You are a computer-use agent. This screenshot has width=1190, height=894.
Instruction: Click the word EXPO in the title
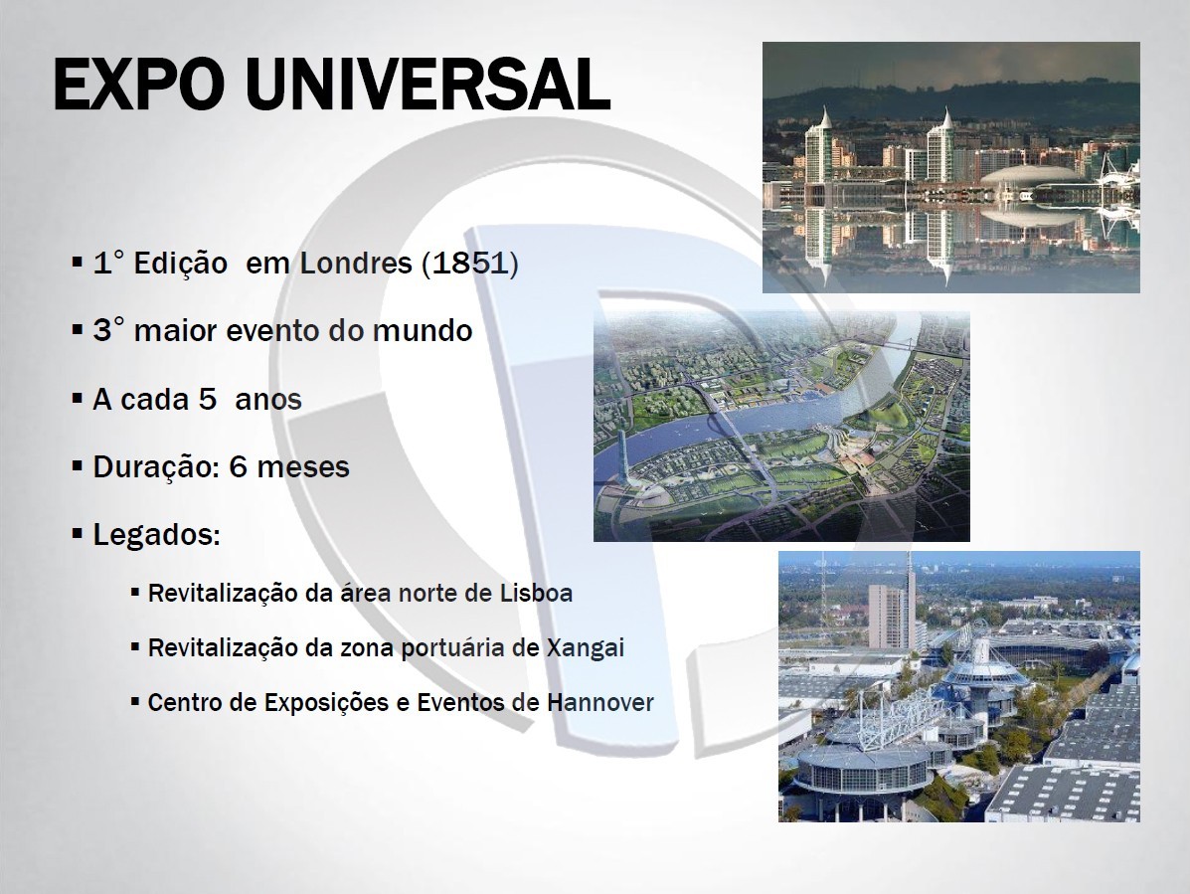pos(139,85)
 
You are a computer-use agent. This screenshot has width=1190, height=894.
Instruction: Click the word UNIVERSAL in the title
pos(428,85)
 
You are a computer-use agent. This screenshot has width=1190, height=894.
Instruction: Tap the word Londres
pos(356,264)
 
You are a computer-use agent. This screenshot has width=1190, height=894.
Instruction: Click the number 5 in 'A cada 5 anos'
pos(207,399)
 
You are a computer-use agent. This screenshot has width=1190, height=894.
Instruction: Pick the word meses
pos(303,466)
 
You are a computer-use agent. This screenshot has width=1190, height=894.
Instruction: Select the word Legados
pos(156,535)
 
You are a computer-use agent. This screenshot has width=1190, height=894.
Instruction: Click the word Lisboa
pos(537,593)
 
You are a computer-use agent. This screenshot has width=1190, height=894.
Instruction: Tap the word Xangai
pos(586,648)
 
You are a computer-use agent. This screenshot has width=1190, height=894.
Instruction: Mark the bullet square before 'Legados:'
pos(77,533)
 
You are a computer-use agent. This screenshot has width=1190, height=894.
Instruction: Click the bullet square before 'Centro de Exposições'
pos(135,701)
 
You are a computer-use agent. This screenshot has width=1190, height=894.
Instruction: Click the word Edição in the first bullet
pos(181,264)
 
